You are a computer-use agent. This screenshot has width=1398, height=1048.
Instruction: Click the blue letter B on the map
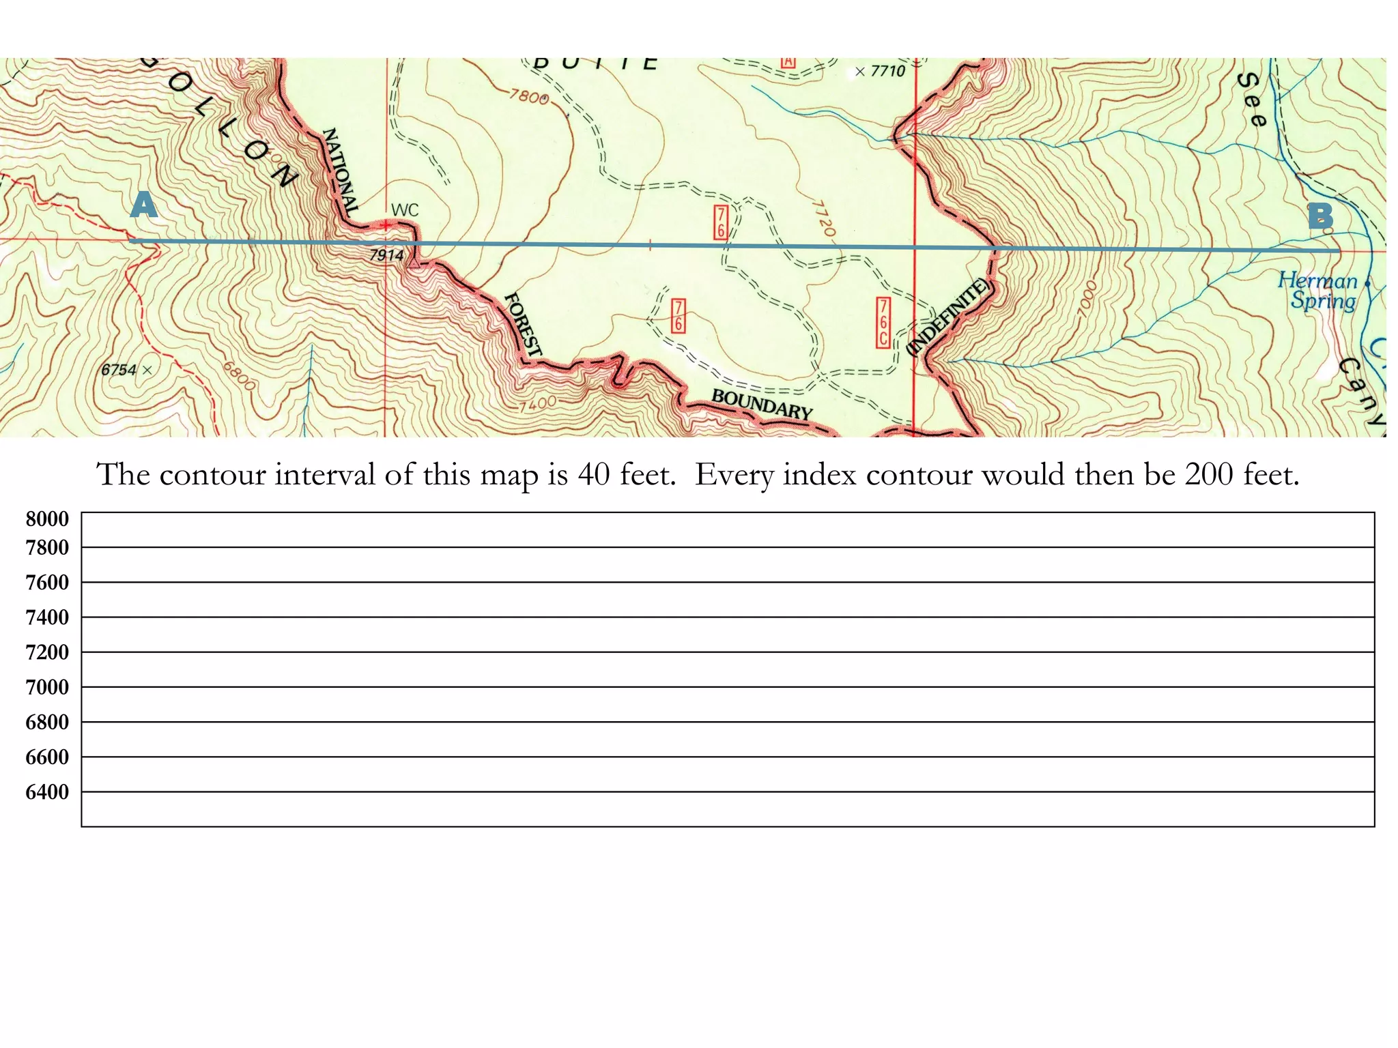(x=1320, y=217)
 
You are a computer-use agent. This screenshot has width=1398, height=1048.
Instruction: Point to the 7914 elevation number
(x=386, y=255)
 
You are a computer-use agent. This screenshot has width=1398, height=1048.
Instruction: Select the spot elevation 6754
(x=119, y=370)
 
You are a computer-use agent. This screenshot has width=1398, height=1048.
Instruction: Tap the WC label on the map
(x=405, y=210)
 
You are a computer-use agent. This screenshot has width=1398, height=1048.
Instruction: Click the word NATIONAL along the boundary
(x=340, y=172)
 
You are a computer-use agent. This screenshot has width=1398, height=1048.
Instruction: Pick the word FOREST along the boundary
(x=523, y=324)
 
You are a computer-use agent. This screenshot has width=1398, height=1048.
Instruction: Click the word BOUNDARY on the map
(x=762, y=404)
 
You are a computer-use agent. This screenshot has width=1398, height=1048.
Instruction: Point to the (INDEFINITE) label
(x=947, y=317)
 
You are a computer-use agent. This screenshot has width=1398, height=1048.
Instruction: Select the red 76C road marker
(x=883, y=322)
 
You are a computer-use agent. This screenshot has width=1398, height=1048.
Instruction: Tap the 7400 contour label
(x=537, y=405)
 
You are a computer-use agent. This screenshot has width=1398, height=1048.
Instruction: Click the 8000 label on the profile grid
(x=47, y=519)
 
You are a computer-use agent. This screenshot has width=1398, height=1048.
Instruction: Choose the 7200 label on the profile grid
(x=47, y=652)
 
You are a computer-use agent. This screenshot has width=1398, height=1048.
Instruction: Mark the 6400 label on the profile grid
(x=47, y=792)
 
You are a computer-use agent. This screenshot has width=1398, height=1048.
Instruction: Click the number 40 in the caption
(x=593, y=475)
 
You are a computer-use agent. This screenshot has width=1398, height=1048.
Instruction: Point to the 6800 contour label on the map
(x=240, y=375)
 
